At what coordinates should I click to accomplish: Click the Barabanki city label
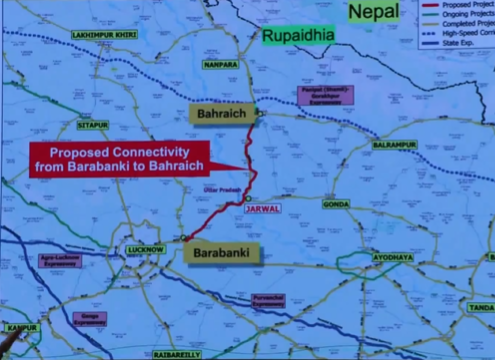222,253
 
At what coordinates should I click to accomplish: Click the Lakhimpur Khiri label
98,35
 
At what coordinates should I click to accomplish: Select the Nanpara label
219,64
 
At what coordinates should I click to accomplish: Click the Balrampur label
393,145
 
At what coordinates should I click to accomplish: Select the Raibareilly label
178,353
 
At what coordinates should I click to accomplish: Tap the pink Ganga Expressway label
89,319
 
